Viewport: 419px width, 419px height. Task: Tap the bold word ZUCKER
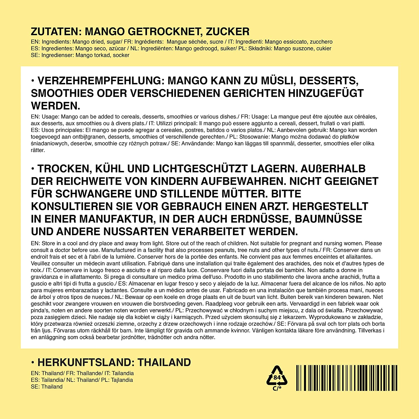point(228,32)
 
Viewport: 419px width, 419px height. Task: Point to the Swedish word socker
point(121,55)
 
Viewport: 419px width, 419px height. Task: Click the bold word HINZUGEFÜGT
point(326,93)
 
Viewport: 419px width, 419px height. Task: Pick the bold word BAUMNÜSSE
point(328,219)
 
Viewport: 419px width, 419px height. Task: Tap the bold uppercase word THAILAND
point(164,362)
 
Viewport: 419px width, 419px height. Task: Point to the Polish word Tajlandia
point(122,380)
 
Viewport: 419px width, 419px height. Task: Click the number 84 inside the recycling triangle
point(277,377)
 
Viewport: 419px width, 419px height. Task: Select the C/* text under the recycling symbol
point(277,388)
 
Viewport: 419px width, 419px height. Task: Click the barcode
point(347,378)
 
